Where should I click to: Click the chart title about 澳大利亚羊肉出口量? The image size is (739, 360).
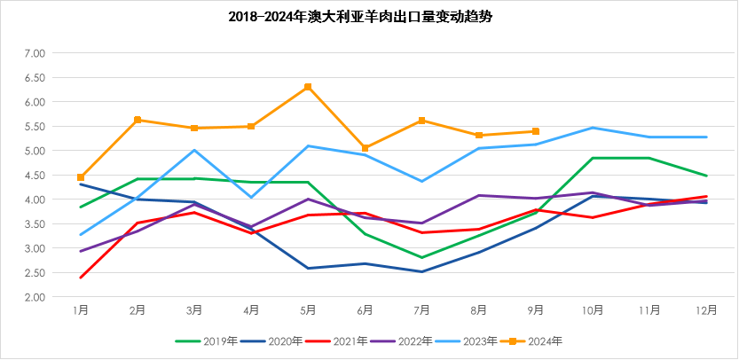click(369, 17)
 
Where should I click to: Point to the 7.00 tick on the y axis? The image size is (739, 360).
click(35, 53)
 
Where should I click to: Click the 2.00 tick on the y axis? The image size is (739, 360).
click(35, 297)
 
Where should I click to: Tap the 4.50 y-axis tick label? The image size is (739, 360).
click(35, 175)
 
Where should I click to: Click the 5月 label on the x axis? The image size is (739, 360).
click(308, 310)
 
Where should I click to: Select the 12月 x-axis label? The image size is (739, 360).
click(706, 310)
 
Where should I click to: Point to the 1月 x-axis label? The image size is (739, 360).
click(81, 310)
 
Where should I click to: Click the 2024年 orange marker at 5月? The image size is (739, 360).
click(308, 87)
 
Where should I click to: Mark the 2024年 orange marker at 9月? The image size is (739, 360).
click(536, 131)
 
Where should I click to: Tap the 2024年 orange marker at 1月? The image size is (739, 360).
click(81, 177)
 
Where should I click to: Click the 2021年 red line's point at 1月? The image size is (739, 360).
click(81, 278)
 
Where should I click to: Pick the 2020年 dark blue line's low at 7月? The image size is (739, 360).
click(421, 271)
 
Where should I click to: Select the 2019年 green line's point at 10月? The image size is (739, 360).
click(593, 158)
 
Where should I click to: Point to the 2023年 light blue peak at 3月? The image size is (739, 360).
click(194, 150)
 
